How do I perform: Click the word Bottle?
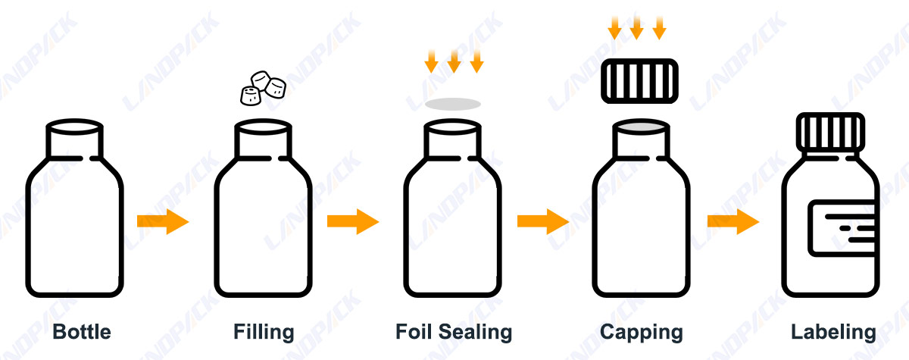click(x=81, y=332)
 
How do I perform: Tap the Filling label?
click(x=263, y=332)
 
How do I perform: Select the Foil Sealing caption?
click(x=453, y=332)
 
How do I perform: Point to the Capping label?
click(x=641, y=332)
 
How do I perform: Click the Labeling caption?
click(x=833, y=332)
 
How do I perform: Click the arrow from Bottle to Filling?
click(x=162, y=221)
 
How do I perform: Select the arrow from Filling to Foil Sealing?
click(x=352, y=221)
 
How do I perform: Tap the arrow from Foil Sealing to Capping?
click(x=542, y=221)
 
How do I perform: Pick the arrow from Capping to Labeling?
click(x=733, y=221)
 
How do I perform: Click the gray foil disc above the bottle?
click(x=453, y=104)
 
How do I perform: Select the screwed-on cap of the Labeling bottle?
click(x=831, y=132)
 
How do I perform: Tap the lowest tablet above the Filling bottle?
click(x=251, y=95)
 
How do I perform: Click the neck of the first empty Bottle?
click(x=74, y=140)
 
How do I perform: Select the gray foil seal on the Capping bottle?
click(x=641, y=126)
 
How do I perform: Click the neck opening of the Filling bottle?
click(x=263, y=126)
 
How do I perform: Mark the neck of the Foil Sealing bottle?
click(x=452, y=141)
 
